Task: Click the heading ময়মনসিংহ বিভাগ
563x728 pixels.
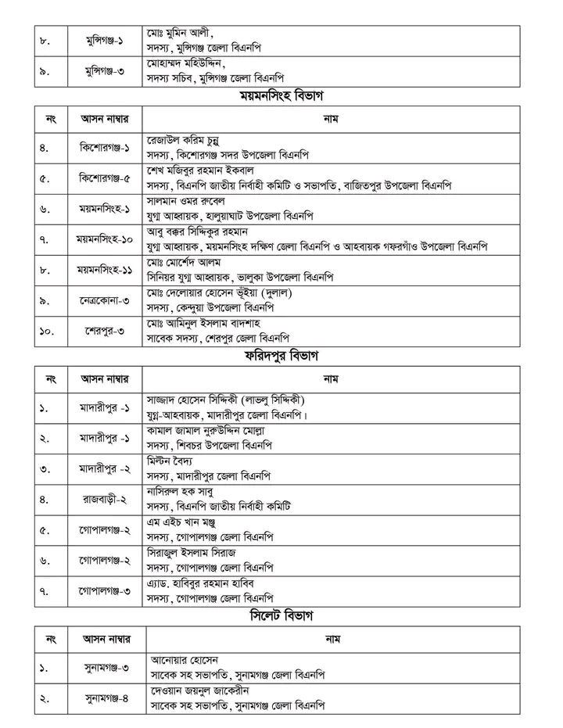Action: click(281, 96)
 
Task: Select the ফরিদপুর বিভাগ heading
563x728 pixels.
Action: click(281, 358)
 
